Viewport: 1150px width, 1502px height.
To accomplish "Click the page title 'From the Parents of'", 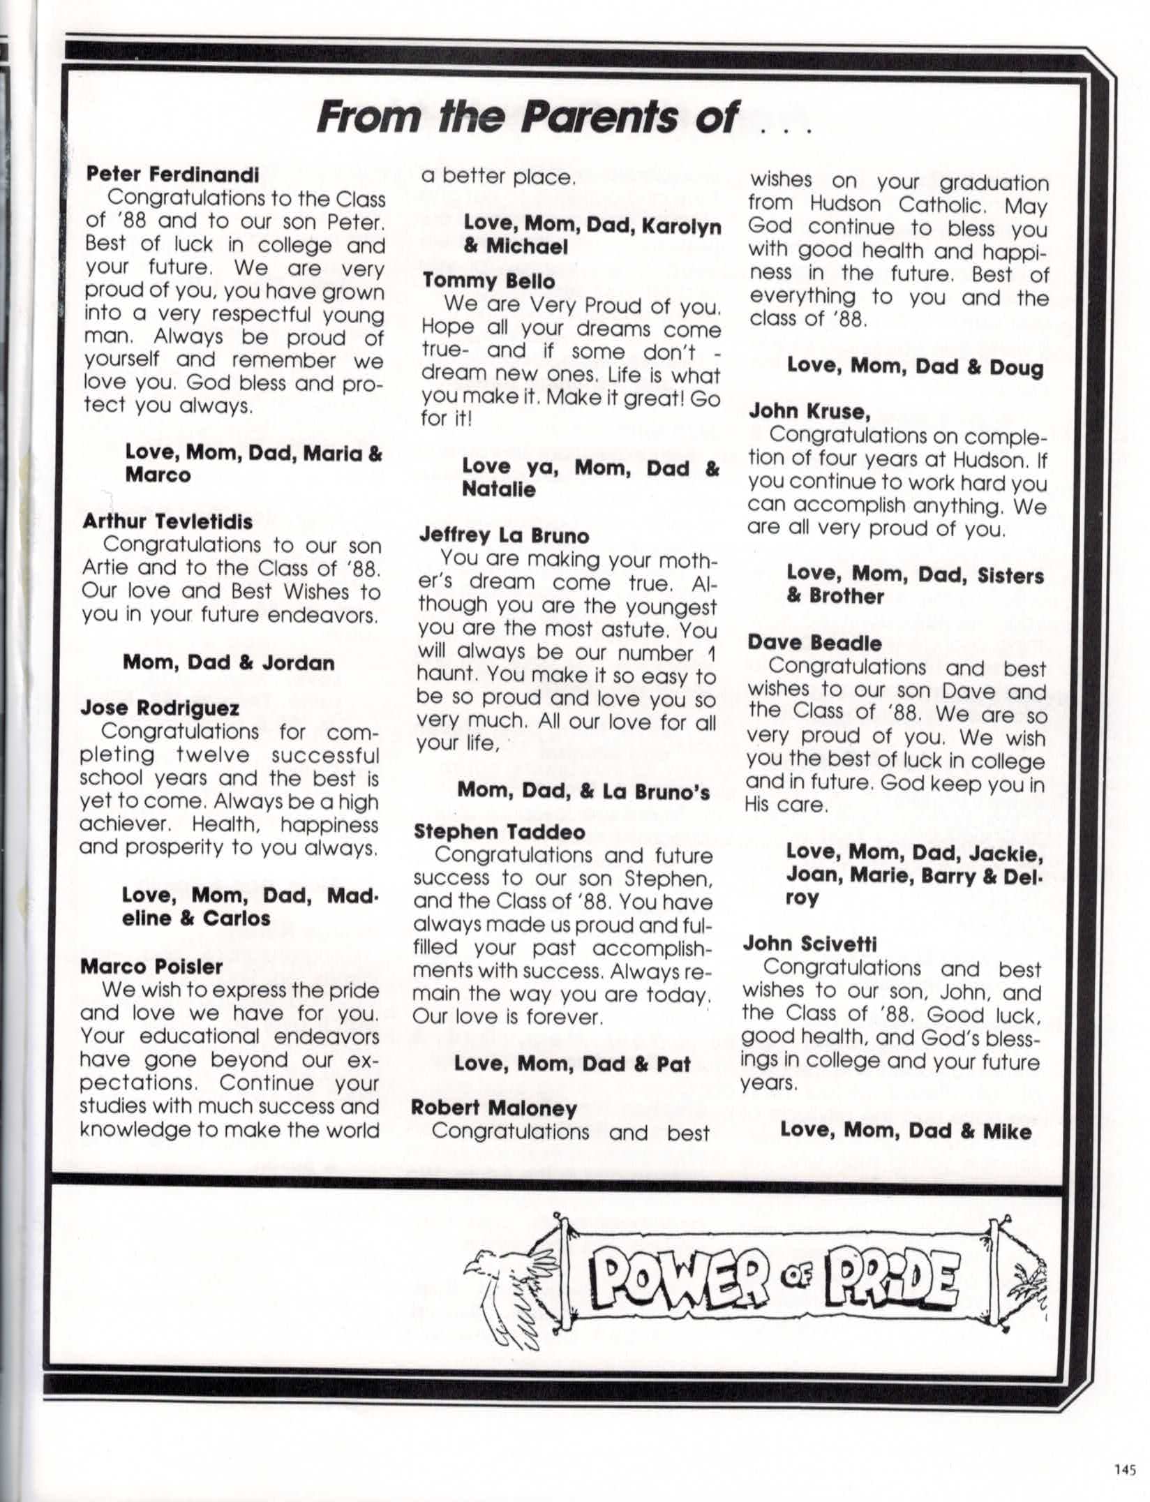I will pyautogui.click(x=527, y=117).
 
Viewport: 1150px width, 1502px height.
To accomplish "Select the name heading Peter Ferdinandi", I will pyautogui.click(x=172, y=174).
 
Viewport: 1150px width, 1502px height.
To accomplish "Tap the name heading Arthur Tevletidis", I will pyautogui.click(x=167, y=521).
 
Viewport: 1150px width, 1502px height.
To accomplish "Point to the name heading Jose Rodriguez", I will pyautogui.click(x=160, y=708).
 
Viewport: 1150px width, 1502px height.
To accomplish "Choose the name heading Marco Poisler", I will pyautogui.click(x=151, y=966).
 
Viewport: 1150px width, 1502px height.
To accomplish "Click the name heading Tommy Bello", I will pyautogui.click(x=488, y=281).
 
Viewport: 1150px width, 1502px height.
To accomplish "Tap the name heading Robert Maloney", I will pyautogui.click(x=494, y=1108).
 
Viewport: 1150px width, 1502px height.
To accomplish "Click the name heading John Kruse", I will pyautogui.click(x=809, y=411).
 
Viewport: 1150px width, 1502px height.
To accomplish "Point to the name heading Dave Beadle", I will pyautogui.click(x=814, y=642).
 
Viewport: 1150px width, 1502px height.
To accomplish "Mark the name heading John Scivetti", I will pyautogui.click(x=809, y=944).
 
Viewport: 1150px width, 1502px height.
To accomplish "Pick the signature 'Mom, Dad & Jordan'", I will pyautogui.click(x=229, y=662).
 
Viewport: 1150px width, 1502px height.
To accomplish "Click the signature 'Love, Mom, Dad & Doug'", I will pyautogui.click(x=915, y=367).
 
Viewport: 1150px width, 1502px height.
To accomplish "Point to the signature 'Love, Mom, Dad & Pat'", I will pyautogui.click(x=572, y=1064).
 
